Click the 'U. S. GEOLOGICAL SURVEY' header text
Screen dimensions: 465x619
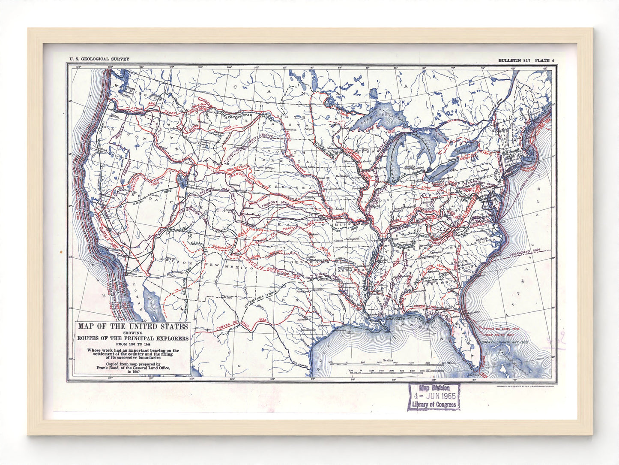point(99,59)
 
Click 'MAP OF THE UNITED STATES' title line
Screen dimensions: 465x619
point(133,326)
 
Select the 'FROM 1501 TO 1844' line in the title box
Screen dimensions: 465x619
point(133,344)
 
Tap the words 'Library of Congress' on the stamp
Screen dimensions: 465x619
point(434,405)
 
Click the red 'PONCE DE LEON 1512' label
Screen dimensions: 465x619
point(501,329)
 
